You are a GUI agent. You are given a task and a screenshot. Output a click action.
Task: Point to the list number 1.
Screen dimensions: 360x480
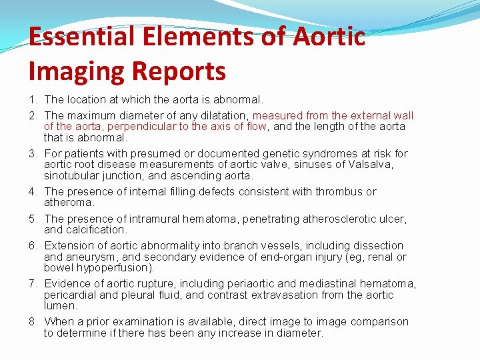32,100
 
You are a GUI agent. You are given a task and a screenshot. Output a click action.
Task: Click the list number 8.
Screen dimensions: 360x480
32,321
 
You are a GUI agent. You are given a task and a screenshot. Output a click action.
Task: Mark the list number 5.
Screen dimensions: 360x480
32,219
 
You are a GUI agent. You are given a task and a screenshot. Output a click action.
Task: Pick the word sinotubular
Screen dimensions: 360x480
73,175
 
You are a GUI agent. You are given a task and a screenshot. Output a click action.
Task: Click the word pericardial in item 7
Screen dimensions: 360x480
71,295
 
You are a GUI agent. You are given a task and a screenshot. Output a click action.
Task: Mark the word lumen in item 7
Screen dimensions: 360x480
60,306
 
